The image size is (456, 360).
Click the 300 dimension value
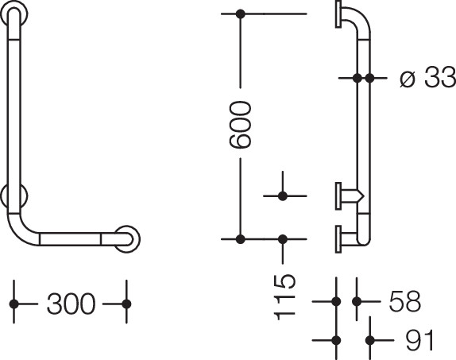coord(71,304)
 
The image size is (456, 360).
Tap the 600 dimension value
coord(240,124)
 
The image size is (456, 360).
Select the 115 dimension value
coord(284,297)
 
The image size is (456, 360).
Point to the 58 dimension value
coord(405,301)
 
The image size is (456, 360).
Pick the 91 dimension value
coord(419,340)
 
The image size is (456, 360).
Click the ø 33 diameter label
coord(427,77)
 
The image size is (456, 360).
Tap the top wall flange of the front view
coord(14,14)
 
